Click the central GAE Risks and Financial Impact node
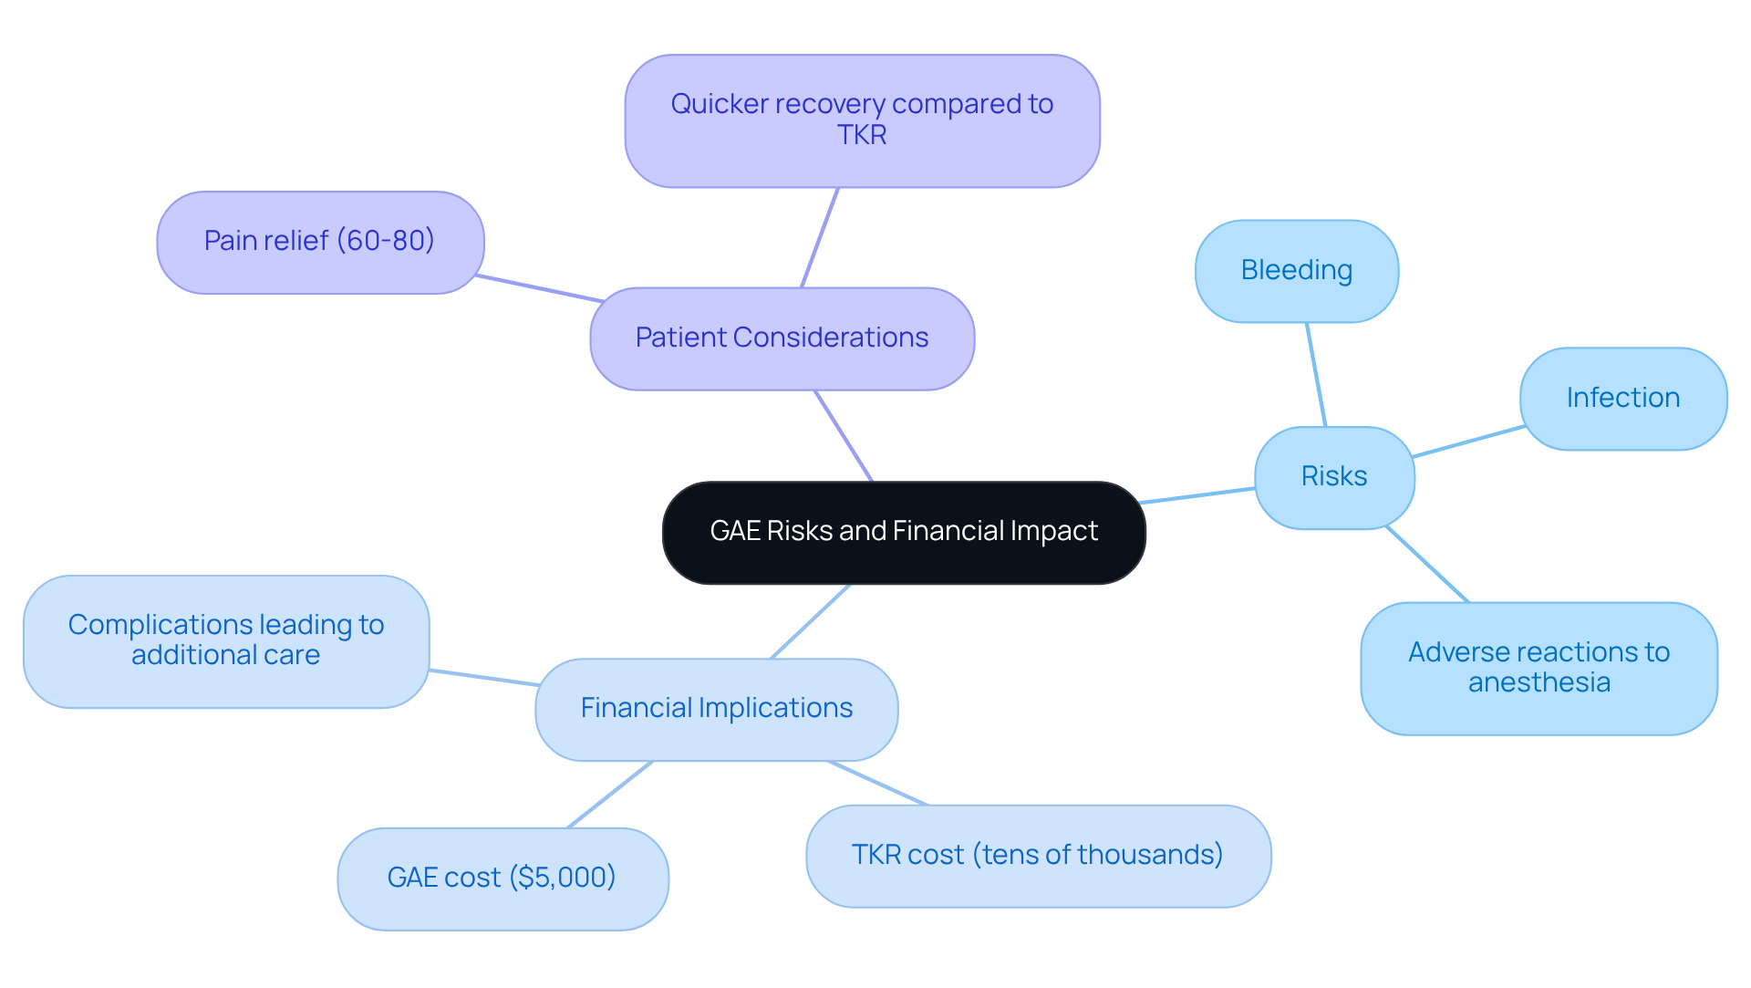click(x=903, y=532)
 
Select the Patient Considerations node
click(x=782, y=338)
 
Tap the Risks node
click(x=1333, y=477)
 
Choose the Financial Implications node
click(x=716, y=709)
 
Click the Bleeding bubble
click(x=1296, y=271)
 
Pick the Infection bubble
click(x=1622, y=399)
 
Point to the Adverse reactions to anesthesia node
click(x=1539, y=668)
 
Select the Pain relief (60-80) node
click(x=319, y=242)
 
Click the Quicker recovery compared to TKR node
click(x=861, y=120)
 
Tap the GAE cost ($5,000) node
click(x=502, y=878)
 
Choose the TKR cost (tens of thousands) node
click(x=1037, y=856)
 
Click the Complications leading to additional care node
click(x=225, y=640)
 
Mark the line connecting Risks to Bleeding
click(x=1316, y=374)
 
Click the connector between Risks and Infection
click(x=1468, y=441)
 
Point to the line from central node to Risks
click(x=1197, y=495)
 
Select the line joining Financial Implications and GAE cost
click(x=610, y=794)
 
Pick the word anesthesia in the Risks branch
click(x=1539, y=683)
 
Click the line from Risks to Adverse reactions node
click(x=1427, y=564)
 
